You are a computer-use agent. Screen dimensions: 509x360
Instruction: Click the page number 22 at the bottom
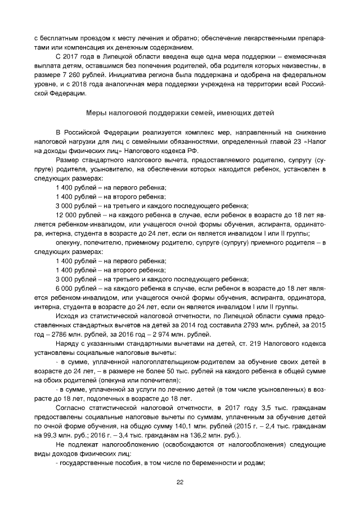[x=180, y=482]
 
